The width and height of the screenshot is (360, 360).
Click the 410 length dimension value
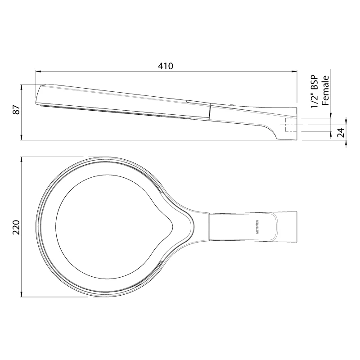[x=166, y=66]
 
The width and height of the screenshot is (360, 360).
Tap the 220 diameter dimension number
[x=16, y=227]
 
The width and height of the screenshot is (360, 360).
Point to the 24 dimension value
[x=341, y=132]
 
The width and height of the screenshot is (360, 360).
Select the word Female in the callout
[x=326, y=90]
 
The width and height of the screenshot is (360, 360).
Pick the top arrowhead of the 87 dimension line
[x=22, y=87]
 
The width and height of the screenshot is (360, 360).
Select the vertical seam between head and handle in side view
[x=211, y=112]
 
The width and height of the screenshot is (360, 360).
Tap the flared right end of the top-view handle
[x=292, y=227]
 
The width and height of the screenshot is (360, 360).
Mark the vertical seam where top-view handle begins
[x=210, y=227]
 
